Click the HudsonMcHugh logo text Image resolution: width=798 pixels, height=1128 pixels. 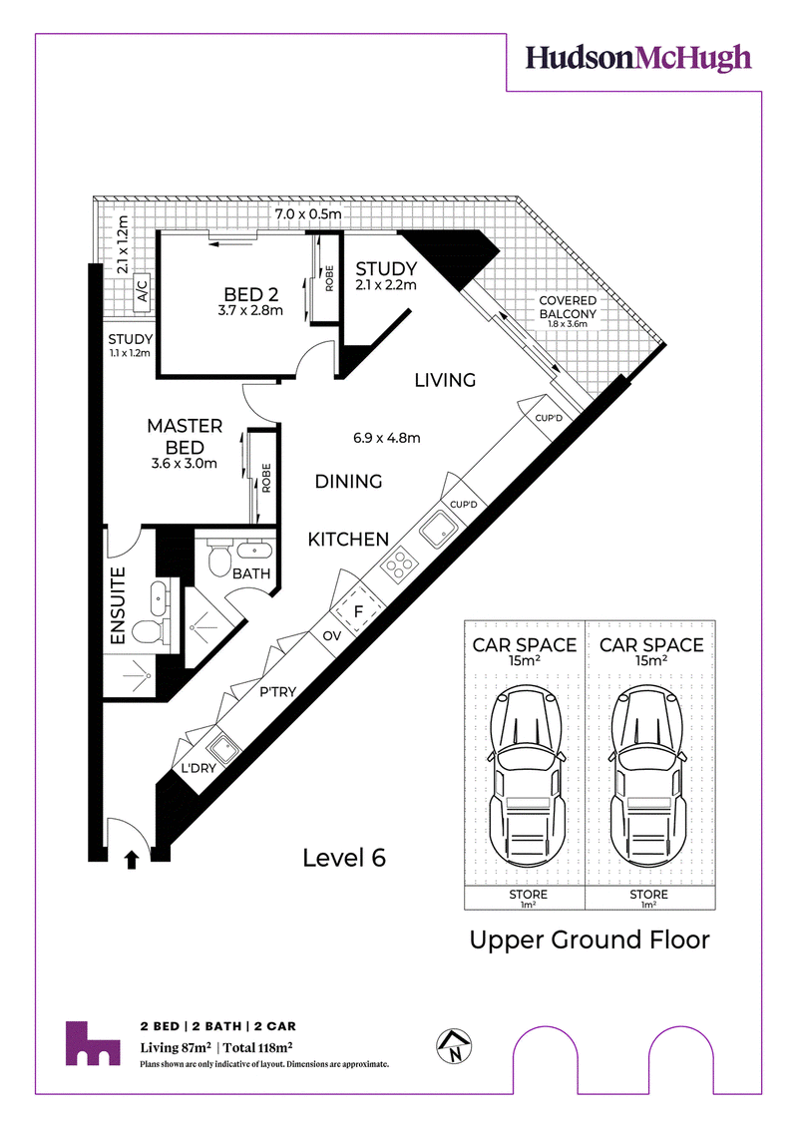pos(637,58)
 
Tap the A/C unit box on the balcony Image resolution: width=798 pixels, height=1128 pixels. pos(142,293)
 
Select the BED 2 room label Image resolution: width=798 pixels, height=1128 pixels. pos(250,294)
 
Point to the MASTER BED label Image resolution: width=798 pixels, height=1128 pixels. pos(185,436)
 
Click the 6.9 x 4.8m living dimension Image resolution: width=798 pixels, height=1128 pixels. pos(386,438)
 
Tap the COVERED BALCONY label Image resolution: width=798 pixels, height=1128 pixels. pos(568,307)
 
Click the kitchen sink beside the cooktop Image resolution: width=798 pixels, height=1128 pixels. pos(438,529)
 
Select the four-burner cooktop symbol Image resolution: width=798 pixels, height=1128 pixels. pos(399,564)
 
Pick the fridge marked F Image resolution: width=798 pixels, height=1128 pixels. pos(358,611)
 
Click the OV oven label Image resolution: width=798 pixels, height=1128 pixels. pos(332,636)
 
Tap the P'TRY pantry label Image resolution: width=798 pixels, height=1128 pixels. pos(277,692)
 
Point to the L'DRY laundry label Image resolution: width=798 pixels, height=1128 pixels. pos(198,768)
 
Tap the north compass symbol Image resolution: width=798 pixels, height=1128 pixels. pos(455,1046)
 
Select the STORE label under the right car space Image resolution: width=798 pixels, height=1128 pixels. pos(649,895)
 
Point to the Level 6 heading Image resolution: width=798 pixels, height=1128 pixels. pos(344,858)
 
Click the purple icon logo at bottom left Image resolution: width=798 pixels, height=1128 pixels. pos(93,1043)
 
